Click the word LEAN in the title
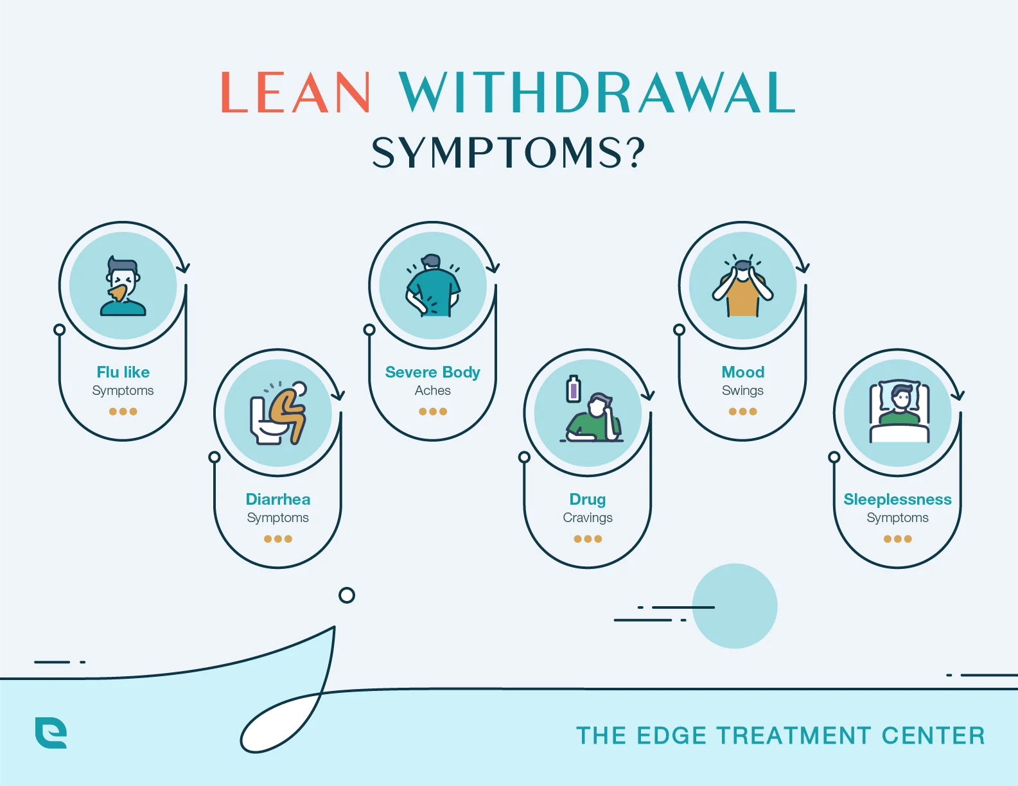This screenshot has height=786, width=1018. [295, 93]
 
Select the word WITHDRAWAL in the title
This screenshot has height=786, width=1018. [597, 93]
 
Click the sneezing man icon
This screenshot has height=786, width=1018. [123, 286]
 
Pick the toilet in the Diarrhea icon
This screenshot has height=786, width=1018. [265, 421]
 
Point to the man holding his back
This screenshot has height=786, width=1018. [433, 286]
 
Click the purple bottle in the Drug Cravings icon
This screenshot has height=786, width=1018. [574, 389]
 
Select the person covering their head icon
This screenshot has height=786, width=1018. [743, 288]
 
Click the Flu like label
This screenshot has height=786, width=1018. [123, 372]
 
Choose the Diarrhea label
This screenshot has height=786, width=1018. [278, 500]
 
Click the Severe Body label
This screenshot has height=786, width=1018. [433, 372]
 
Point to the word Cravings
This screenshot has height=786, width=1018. [588, 518]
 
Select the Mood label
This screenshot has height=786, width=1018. [743, 372]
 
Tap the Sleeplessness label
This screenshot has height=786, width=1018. [897, 500]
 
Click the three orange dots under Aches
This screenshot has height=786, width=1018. [433, 412]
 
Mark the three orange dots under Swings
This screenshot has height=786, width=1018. [743, 412]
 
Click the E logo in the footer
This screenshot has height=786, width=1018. [51, 733]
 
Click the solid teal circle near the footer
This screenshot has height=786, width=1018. [735, 606]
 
